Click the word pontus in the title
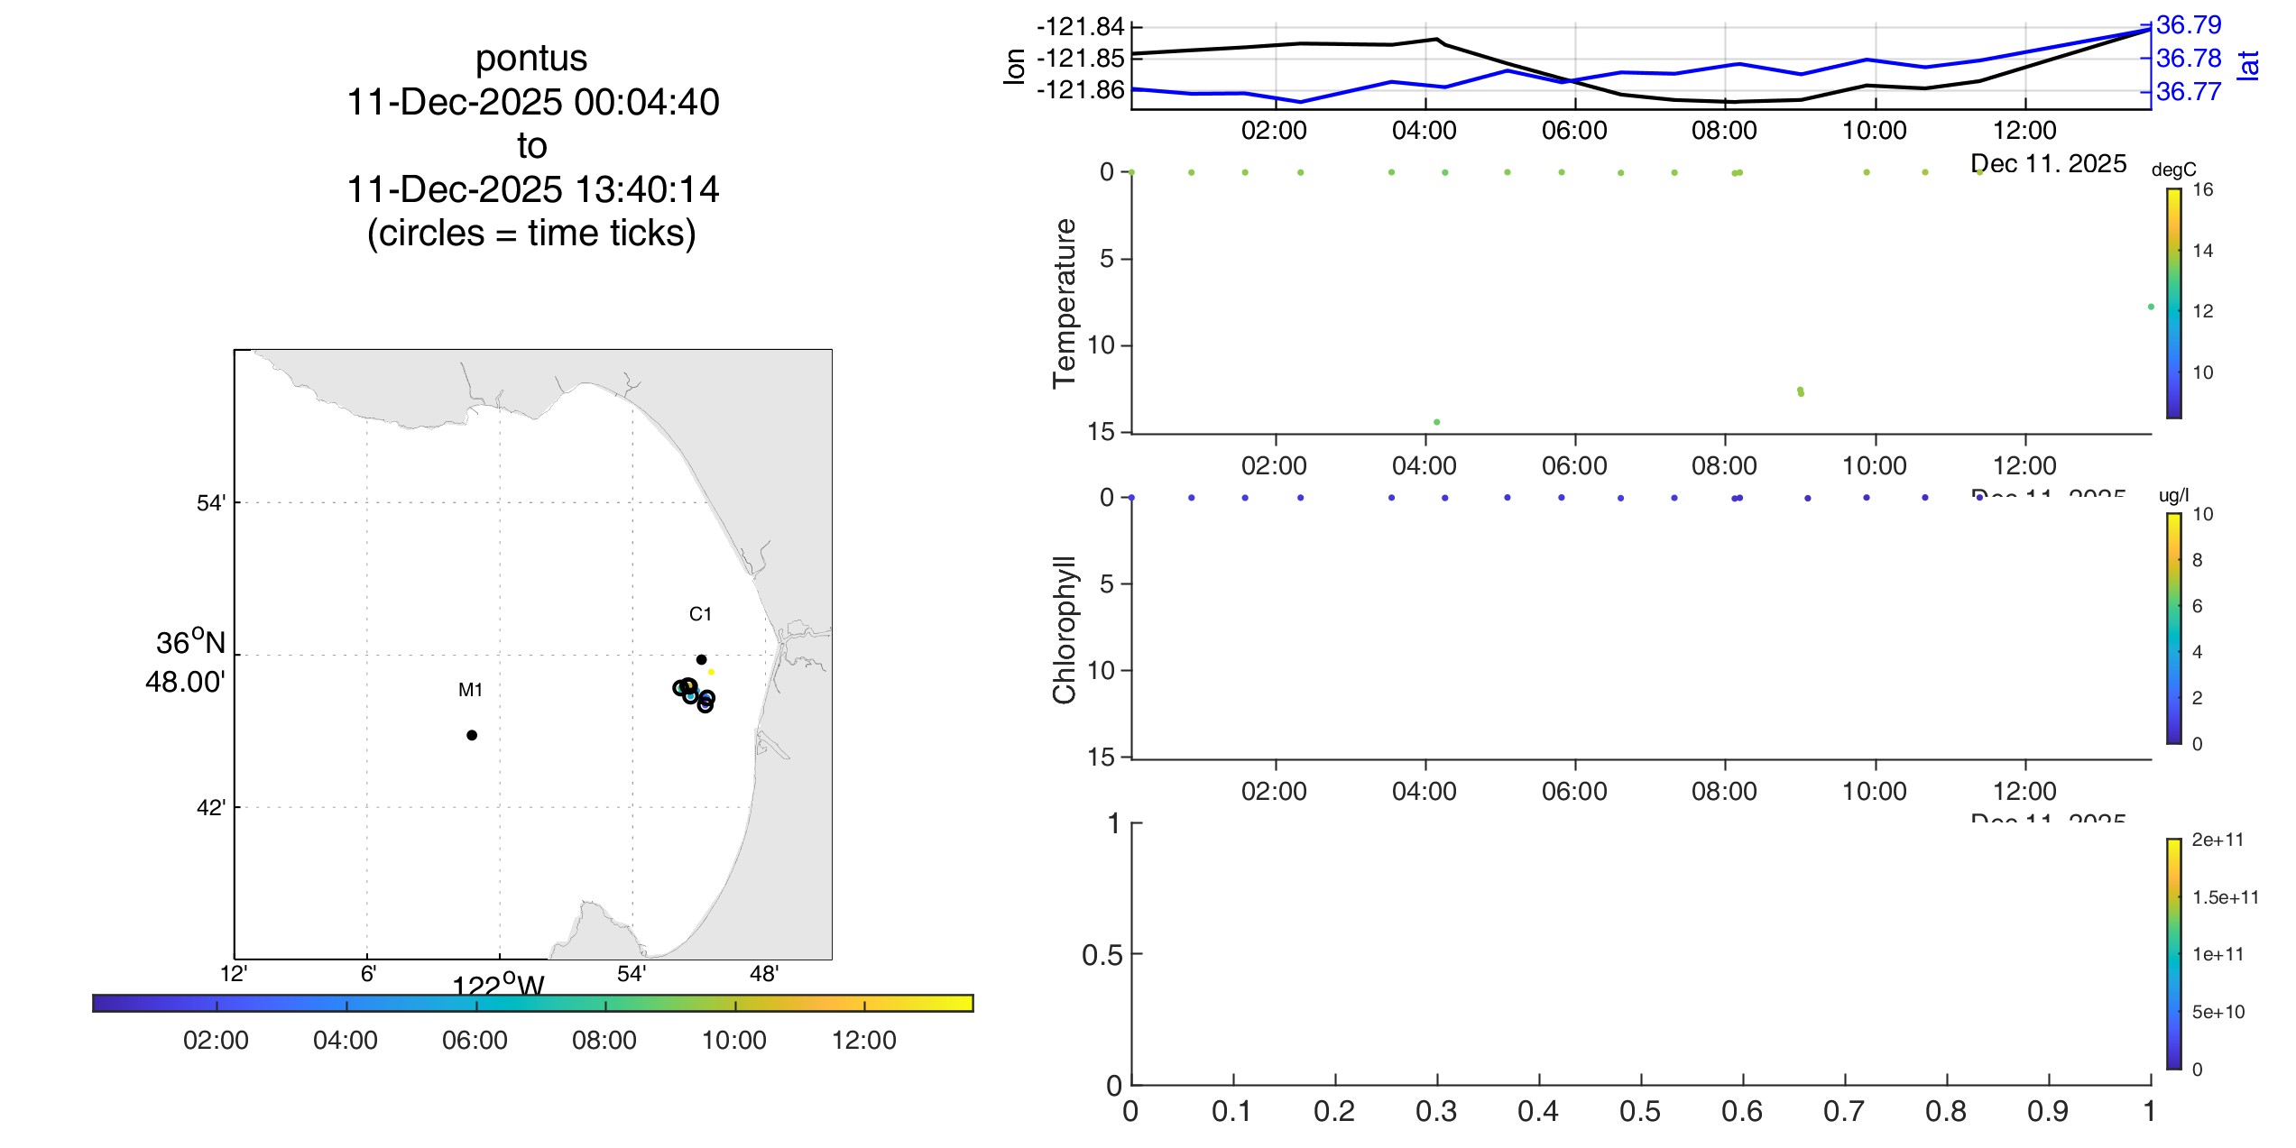531,59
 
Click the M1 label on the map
470,690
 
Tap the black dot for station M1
472,735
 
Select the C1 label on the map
700,614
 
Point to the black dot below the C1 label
701,659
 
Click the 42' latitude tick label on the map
211,807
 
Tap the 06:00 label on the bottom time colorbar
475,1040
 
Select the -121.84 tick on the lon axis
1080,27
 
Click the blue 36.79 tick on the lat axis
2189,25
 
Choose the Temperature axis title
1065,303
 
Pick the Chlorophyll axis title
1065,629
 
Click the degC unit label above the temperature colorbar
2173,170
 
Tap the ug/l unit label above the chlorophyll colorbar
2173,495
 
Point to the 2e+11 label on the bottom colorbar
2218,840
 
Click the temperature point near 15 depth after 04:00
1437,422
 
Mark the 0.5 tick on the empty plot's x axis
1640,1111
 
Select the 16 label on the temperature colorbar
2202,189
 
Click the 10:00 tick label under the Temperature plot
1874,465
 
